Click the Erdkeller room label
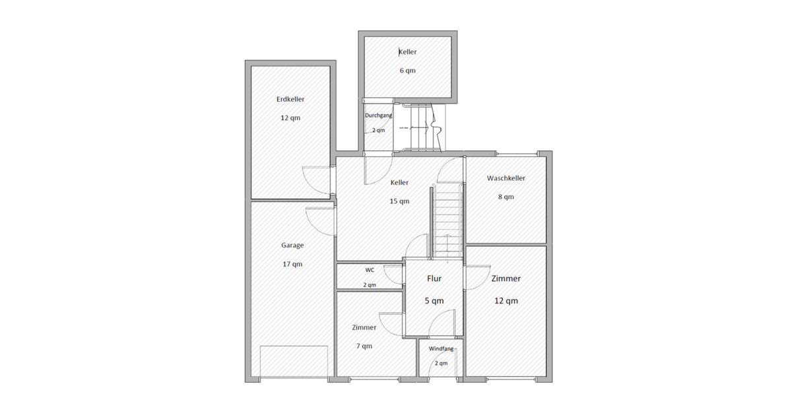click(290, 99)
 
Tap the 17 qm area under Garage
click(292, 264)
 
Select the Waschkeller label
click(506, 178)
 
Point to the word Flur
click(434, 279)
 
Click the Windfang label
click(441, 348)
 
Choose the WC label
click(370, 270)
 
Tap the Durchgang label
click(379, 115)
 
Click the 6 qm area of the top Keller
click(407, 71)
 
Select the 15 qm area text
click(399, 201)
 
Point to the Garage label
click(292, 245)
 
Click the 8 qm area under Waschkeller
click(506, 197)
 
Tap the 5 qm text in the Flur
click(434, 300)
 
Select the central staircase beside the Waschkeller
click(446, 221)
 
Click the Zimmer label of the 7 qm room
click(364, 327)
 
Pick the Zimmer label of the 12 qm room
click(506, 279)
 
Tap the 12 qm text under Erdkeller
click(290, 118)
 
